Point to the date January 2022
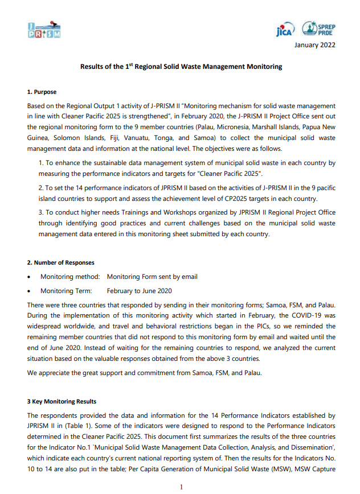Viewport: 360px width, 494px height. (314, 46)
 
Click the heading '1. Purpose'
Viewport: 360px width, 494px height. (42, 92)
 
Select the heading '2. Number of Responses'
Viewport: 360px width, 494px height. (61, 262)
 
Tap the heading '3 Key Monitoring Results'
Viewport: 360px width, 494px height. (62, 402)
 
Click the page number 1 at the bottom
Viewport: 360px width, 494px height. (181, 487)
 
